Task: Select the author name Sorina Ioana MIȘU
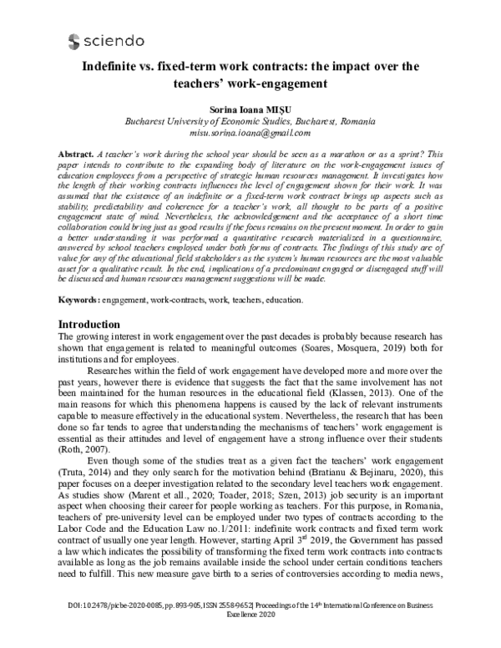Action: coord(250,109)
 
